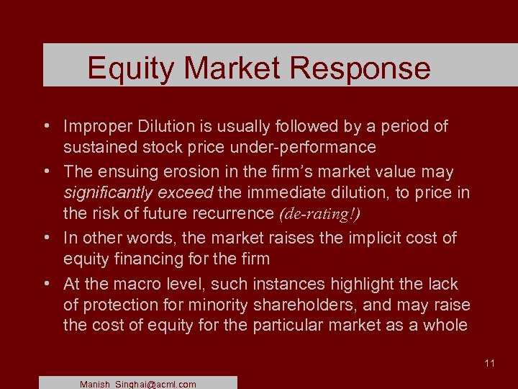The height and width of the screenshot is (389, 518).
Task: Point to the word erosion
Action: point(185,172)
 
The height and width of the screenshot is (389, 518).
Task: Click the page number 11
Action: point(489,363)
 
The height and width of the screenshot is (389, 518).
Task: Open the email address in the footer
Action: point(138,384)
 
